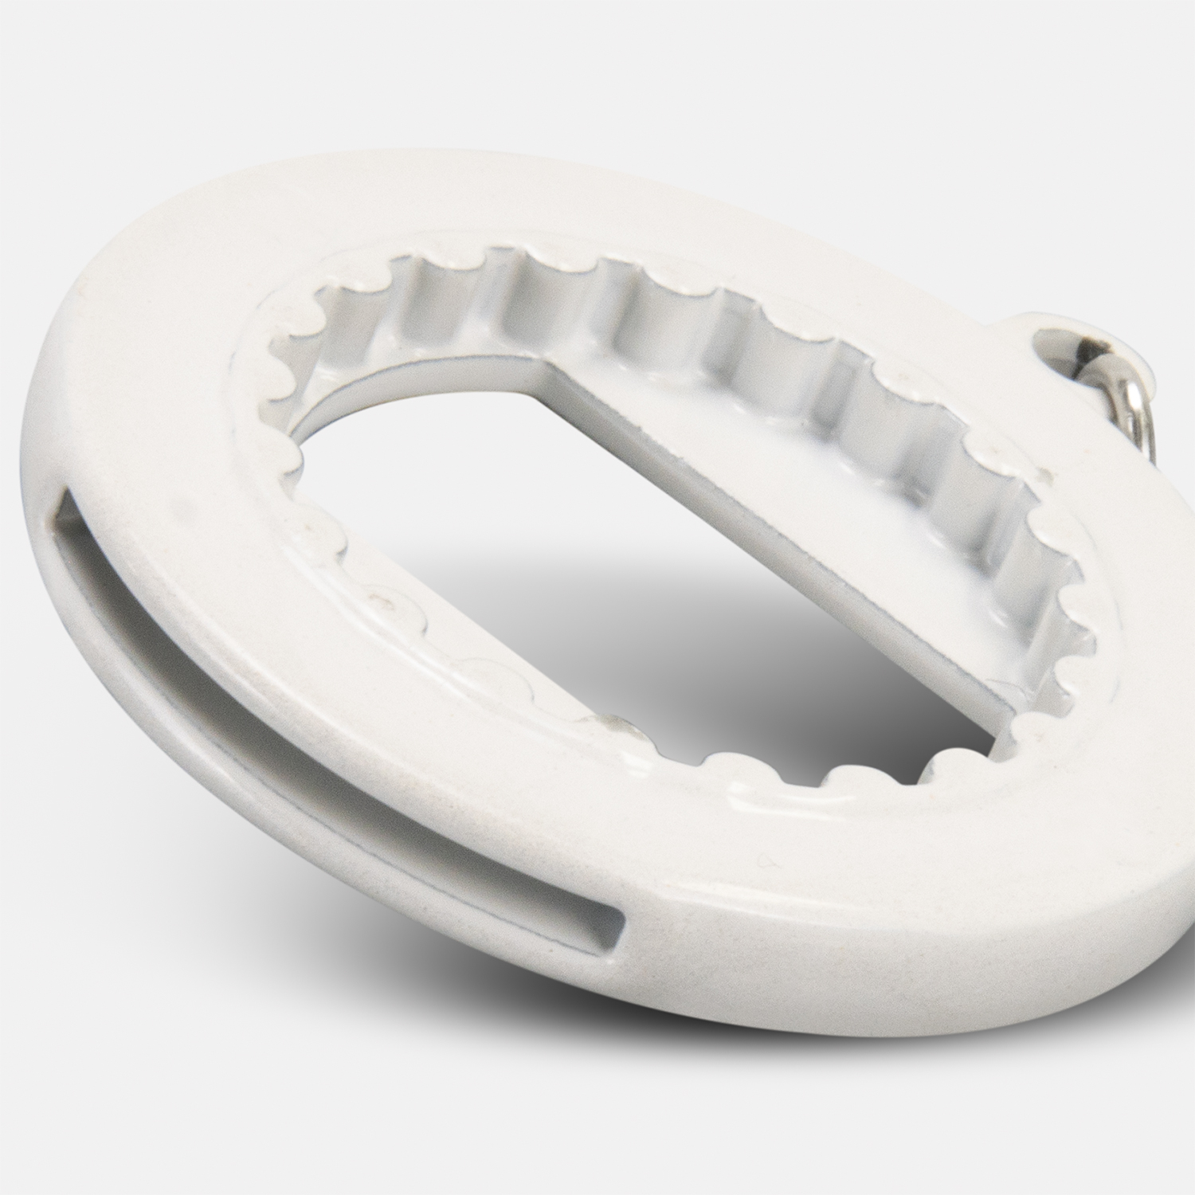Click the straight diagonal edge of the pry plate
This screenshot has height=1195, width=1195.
click(765, 526)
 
